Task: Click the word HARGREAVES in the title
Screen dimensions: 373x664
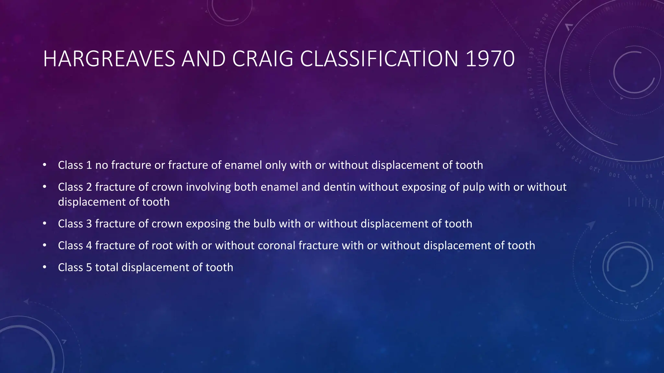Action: click(x=109, y=59)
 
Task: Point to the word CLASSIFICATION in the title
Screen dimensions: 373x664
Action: click(x=379, y=59)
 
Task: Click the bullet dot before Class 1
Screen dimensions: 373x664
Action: click(x=44, y=165)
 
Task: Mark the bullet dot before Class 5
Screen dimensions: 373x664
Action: click(x=44, y=267)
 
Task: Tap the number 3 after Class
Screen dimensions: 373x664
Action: click(x=89, y=224)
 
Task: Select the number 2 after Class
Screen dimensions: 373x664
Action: click(x=89, y=187)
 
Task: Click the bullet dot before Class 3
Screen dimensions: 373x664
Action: click(x=44, y=224)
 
